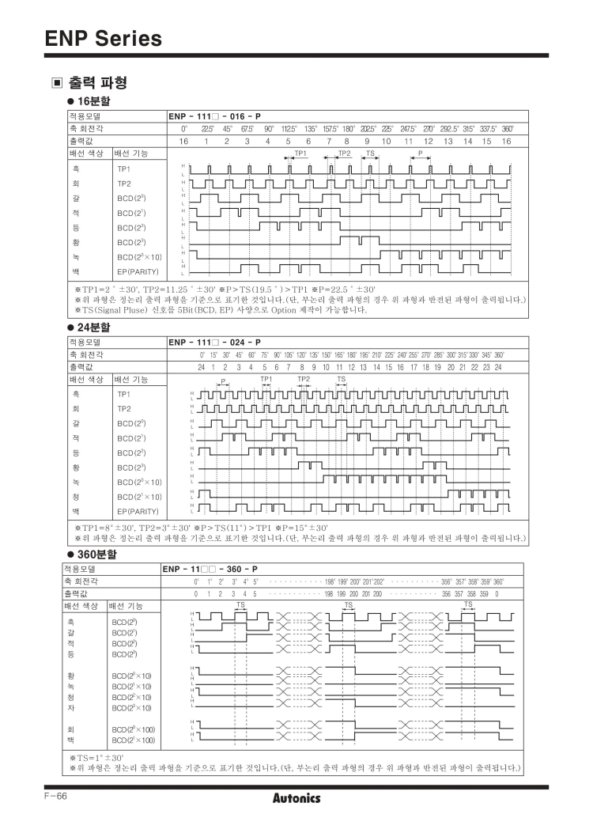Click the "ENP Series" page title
point(94,37)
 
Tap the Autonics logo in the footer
point(296,798)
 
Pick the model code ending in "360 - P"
point(210,570)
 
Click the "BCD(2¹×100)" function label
point(133,740)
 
